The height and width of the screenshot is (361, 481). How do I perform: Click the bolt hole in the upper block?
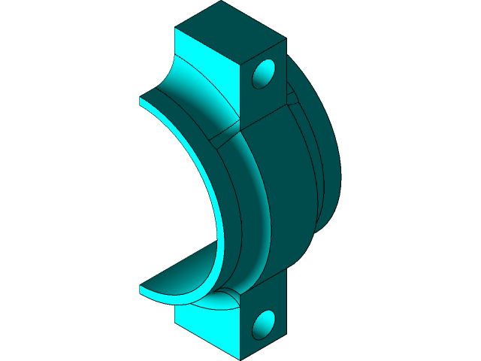click(x=264, y=74)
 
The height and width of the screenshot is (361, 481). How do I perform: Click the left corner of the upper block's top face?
click(x=175, y=29)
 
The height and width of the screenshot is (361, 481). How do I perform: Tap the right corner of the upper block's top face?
click(x=286, y=38)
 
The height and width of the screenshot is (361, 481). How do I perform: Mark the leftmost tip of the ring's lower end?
click(x=141, y=288)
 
